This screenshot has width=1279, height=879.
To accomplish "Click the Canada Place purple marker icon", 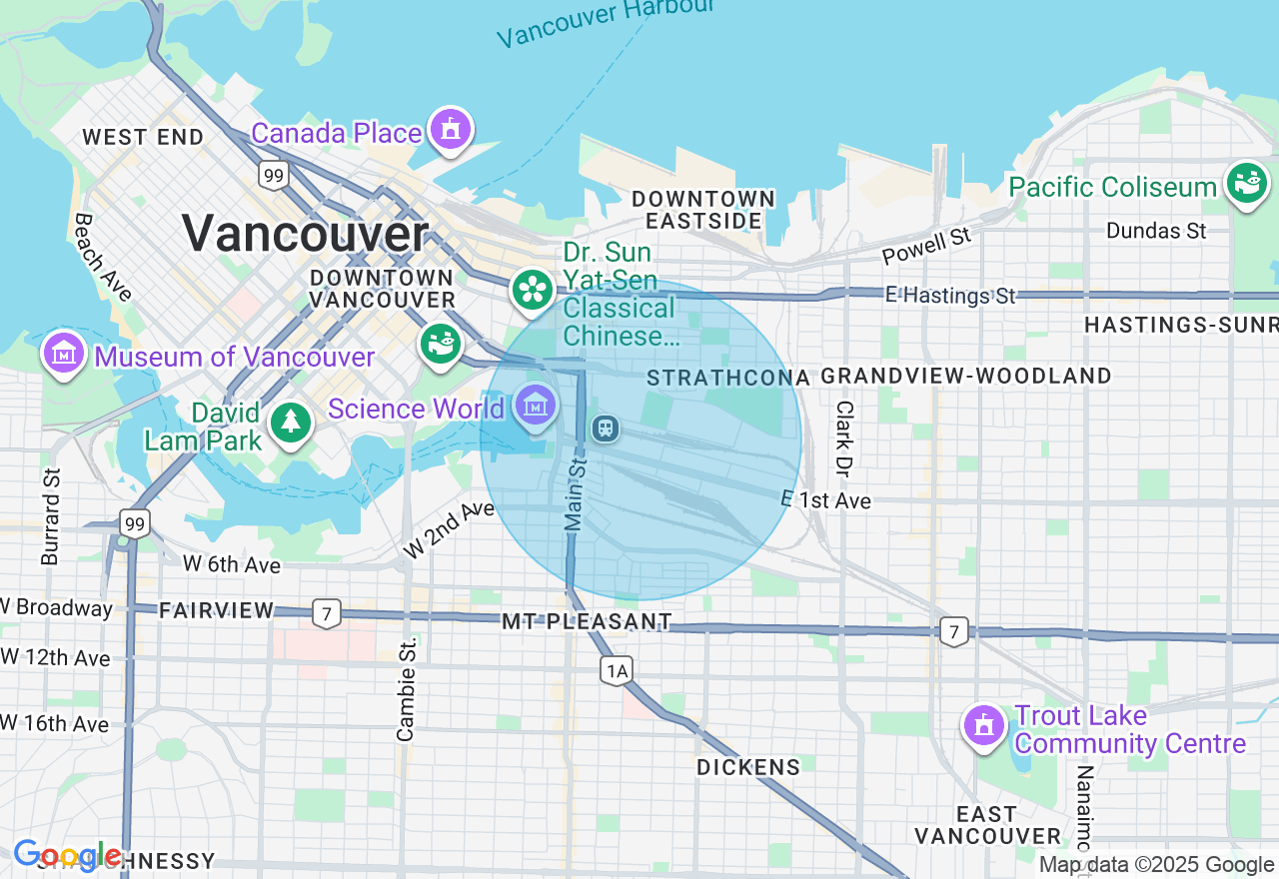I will click(x=451, y=129).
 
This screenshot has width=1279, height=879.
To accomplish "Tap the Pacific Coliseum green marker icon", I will click(x=1247, y=185).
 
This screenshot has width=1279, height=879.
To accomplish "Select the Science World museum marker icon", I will click(x=537, y=406).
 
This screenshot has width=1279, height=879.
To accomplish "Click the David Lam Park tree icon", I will click(x=290, y=424).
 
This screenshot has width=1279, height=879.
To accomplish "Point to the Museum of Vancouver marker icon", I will click(x=64, y=354).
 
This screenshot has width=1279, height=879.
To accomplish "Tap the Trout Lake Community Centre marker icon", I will click(x=984, y=726).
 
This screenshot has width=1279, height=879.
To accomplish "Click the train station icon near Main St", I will click(x=605, y=429).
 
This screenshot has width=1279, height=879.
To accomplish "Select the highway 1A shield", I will click(x=617, y=670).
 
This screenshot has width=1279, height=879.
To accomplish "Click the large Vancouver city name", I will click(x=305, y=235).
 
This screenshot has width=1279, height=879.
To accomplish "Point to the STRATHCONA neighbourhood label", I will click(x=728, y=377).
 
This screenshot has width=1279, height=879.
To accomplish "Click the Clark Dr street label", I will click(x=845, y=439).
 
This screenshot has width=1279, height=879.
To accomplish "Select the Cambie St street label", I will click(x=406, y=689).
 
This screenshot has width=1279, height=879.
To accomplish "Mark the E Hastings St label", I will click(x=950, y=295).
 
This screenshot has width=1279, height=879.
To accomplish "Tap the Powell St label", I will click(x=926, y=246).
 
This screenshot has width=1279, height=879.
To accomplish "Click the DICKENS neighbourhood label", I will click(x=748, y=767).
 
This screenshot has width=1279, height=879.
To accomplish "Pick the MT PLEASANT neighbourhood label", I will click(x=587, y=621).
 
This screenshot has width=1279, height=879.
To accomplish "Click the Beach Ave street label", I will click(x=103, y=257).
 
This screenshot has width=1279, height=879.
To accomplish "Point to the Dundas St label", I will click(x=1156, y=231).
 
